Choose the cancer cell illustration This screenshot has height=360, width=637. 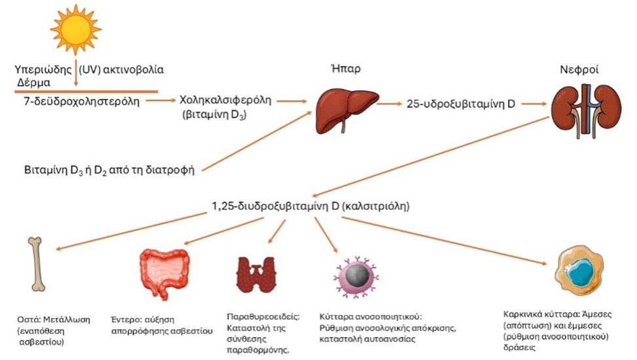click(x=575, y=270)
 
